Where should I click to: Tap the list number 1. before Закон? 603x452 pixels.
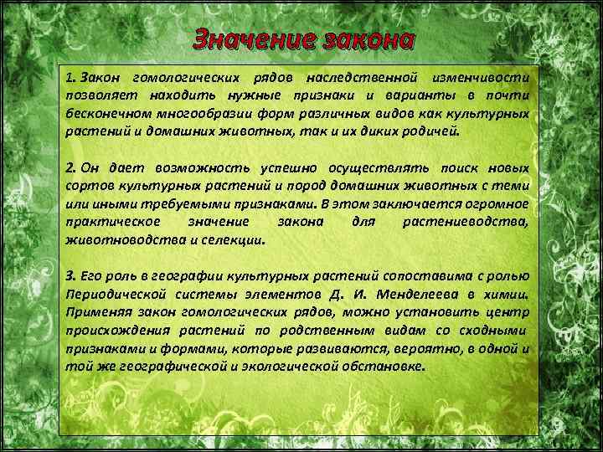point(70,77)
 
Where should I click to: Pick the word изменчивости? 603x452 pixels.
point(482,77)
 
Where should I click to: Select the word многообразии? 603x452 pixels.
point(198,114)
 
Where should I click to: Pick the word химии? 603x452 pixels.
point(507,295)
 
